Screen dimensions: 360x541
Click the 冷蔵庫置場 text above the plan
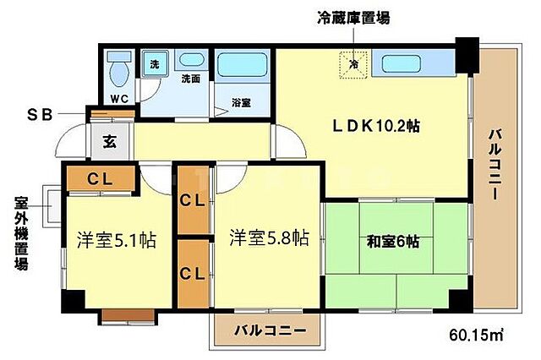pos(353,16)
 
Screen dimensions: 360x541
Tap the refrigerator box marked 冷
pos(353,63)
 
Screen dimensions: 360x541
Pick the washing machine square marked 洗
pos(154,64)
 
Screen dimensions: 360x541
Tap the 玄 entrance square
pos(110,142)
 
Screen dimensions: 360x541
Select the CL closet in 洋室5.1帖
pos(99,178)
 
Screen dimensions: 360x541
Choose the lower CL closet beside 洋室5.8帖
pos(193,273)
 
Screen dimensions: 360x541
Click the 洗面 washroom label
pos(190,79)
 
